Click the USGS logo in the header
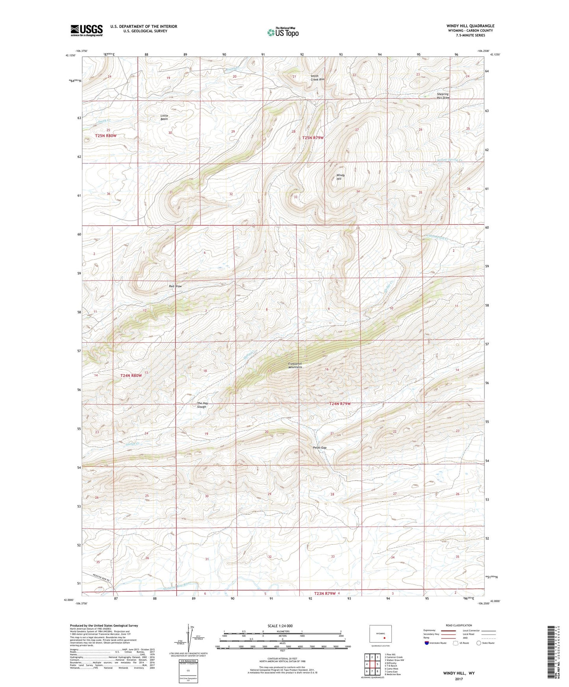tap(86, 30)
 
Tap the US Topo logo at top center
tap(282, 32)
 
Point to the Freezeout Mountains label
tap(295, 365)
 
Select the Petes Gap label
tap(319, 448)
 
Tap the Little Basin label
tap(164, 117)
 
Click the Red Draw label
tap(175, 286)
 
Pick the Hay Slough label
tap(202, 405)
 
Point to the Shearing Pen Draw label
tap(443, 96)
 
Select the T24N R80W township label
tap(131, 376)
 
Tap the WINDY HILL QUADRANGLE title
tap(470, 26)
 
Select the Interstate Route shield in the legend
tap(427, 643)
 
